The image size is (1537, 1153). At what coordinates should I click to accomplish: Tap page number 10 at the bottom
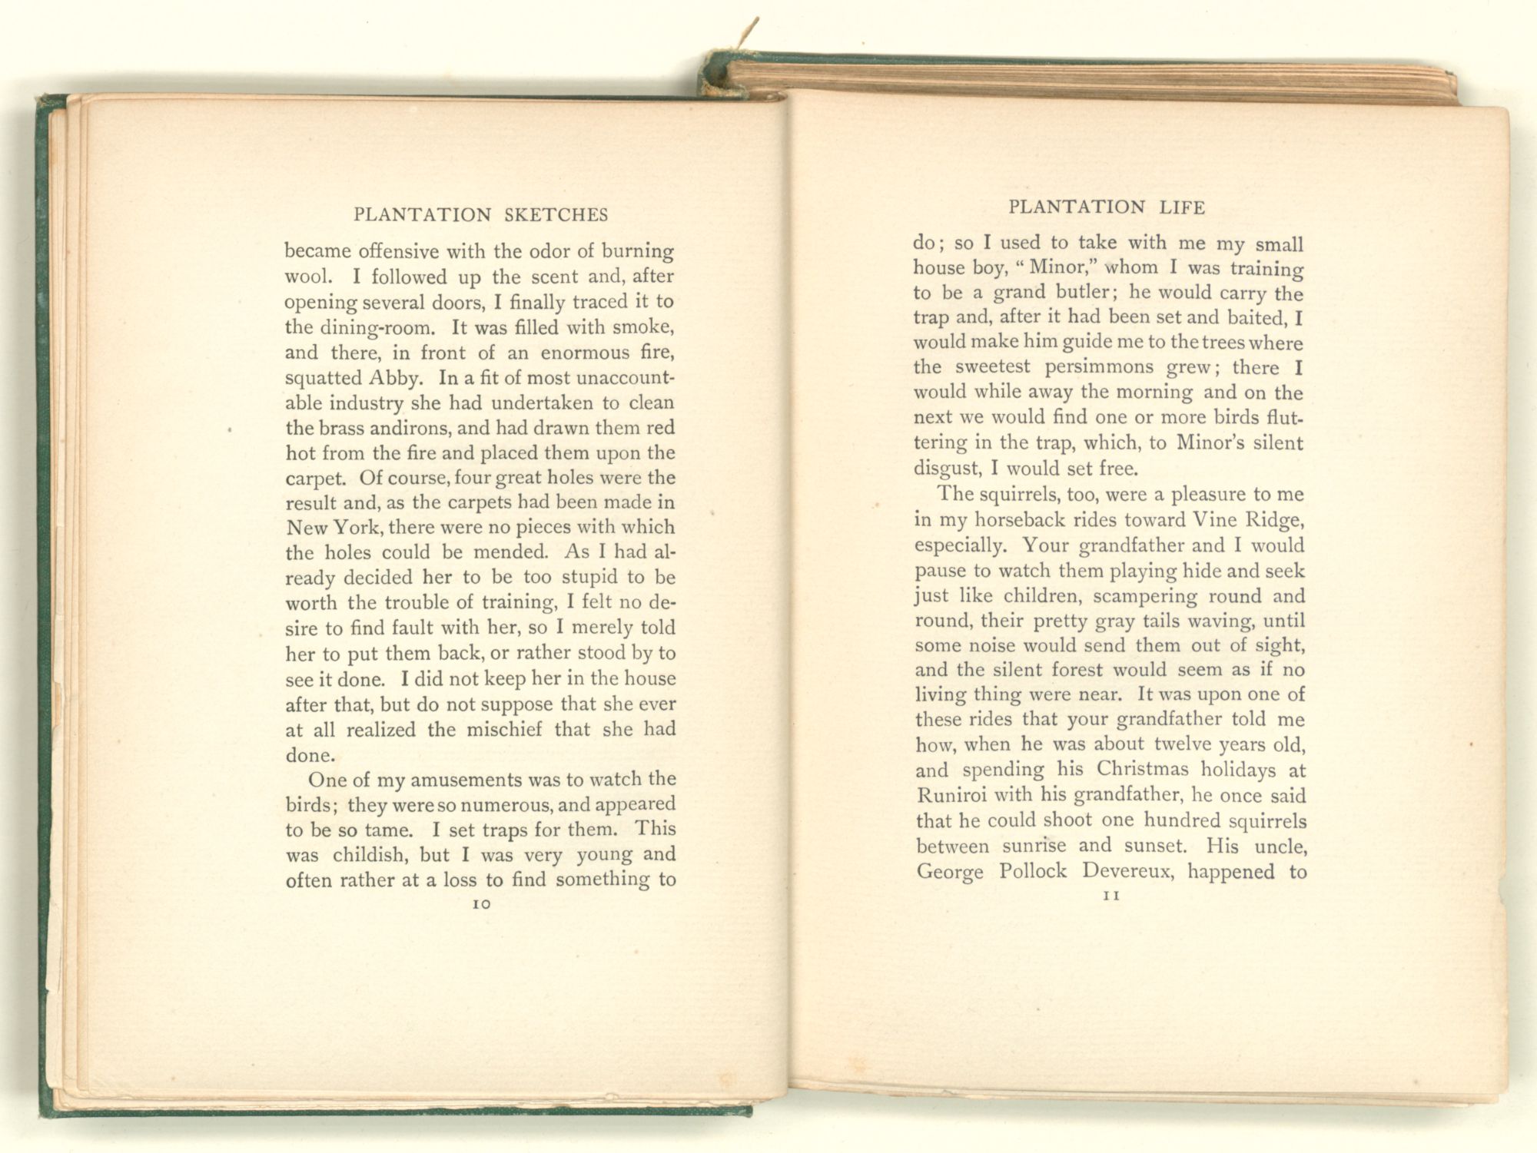click(481, 905)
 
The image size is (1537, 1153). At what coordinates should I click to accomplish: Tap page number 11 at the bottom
click(1110, 896)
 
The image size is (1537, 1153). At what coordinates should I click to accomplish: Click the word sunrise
click(1034, 846)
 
